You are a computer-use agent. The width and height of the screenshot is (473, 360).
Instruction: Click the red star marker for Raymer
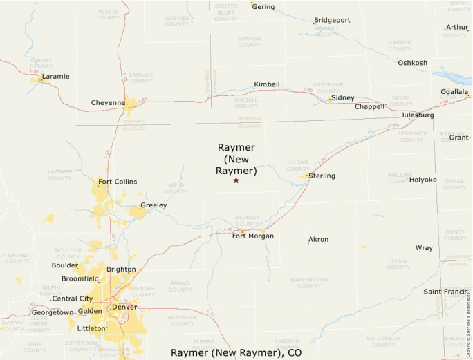[x=236, y=180]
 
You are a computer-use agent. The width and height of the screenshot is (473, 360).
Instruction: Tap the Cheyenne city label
[x=109, y=103]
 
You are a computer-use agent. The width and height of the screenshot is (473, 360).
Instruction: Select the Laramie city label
[x=55, y=76]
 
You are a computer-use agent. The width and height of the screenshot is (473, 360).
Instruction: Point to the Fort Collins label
[x=118, y=182]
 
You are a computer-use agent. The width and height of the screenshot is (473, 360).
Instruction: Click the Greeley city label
[x=154, y=205]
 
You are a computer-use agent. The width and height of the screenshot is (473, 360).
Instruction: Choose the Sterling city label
[x=322, y=176]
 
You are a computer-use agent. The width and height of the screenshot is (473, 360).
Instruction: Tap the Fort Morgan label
[x=252, y=236]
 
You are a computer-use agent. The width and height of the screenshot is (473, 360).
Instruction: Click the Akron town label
[x=318, y=239]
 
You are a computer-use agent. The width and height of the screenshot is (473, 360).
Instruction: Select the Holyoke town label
[x=423, y=180]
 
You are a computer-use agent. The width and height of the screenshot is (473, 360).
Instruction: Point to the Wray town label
[x=424, y=247]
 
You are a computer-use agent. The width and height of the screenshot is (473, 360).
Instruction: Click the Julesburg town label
[x=417, y=115]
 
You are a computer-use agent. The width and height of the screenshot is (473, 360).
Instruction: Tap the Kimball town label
[x=267, y=84]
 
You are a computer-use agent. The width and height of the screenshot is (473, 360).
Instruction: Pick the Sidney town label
[x=342, y=97]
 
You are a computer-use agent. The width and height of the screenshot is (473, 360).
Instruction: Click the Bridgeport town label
[x=332, y=20]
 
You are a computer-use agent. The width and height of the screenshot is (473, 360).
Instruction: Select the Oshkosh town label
[x=412, y=63]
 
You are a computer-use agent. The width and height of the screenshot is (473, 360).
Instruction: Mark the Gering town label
[x=263, y=7]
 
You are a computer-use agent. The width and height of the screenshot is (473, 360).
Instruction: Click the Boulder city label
[x=65, y=265]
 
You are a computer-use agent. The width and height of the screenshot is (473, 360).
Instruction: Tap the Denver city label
[x=125, y=306]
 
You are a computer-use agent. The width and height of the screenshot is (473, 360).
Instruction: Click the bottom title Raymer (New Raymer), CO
[x=236, y=352]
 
